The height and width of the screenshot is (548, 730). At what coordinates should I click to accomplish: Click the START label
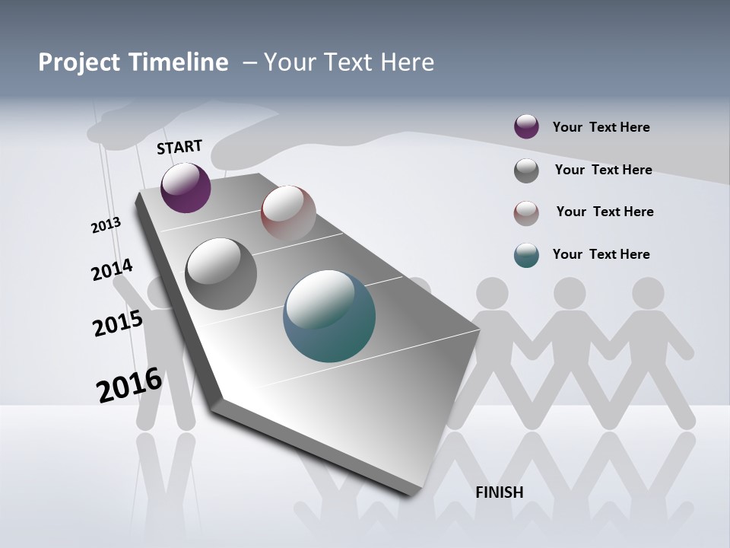(x=179, y=147)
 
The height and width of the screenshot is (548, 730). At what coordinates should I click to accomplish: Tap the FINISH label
(x=500, y=492)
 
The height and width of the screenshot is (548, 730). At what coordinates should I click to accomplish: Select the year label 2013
(x=106, y=225)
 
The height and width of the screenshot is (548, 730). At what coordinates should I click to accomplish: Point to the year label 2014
(x=112, y=270)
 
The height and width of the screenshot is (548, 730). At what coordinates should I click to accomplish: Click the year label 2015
(x=118, y=323)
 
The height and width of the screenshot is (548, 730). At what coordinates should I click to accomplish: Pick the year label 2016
(x=129, y=385)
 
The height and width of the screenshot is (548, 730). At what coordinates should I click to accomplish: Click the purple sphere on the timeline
(x=186, y=188)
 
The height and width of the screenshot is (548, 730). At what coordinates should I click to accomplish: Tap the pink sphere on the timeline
(x=288, y=212)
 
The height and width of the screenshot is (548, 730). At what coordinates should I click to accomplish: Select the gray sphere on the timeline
(x=221, y=274)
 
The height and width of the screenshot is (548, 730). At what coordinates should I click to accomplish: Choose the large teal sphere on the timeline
(x=329, y=316)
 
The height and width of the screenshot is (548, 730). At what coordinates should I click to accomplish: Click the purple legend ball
(x=526, y=127)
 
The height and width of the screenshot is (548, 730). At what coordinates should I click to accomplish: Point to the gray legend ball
(x=526, y=170)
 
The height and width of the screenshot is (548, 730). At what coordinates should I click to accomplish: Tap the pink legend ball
(x=526, y=213)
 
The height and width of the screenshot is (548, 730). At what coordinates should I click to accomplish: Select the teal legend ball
(x=526, y=255)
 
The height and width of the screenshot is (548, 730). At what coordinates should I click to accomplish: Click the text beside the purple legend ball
(x=601, y=127)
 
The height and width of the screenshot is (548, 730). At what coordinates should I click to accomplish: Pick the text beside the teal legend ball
(x=601, y=254)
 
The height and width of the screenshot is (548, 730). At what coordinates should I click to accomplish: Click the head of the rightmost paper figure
(x=647, y=293)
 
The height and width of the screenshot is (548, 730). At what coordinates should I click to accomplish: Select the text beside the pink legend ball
(x=605, y=212)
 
